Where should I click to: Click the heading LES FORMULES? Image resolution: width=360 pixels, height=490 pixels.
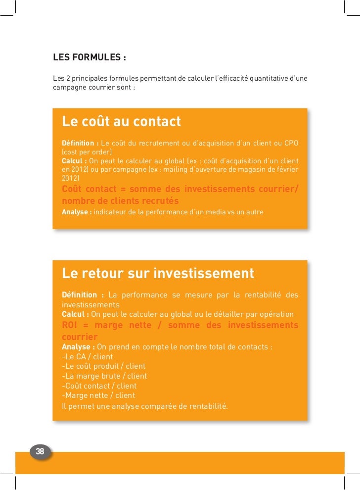tap(89, 57)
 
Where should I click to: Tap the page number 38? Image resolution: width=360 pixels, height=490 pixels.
tap(40, 451)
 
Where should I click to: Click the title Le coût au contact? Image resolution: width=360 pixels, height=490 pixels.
tap(121, 121)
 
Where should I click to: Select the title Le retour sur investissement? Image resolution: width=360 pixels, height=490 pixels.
tap(158, 273)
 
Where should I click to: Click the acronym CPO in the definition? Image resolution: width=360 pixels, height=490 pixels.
tap(291, 144)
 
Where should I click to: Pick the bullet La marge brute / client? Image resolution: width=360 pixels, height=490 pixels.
tap(104, 376)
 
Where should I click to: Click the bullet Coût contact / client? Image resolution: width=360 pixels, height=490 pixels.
tap(99, 386)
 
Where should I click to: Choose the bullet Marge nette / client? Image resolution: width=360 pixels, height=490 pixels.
tap(98, 395)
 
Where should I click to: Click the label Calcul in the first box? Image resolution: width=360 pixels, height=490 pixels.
tap(74, 161)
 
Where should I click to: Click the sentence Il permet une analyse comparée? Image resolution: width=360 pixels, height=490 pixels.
tap(145, 406)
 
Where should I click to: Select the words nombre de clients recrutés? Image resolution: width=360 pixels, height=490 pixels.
tap(120, 201)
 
